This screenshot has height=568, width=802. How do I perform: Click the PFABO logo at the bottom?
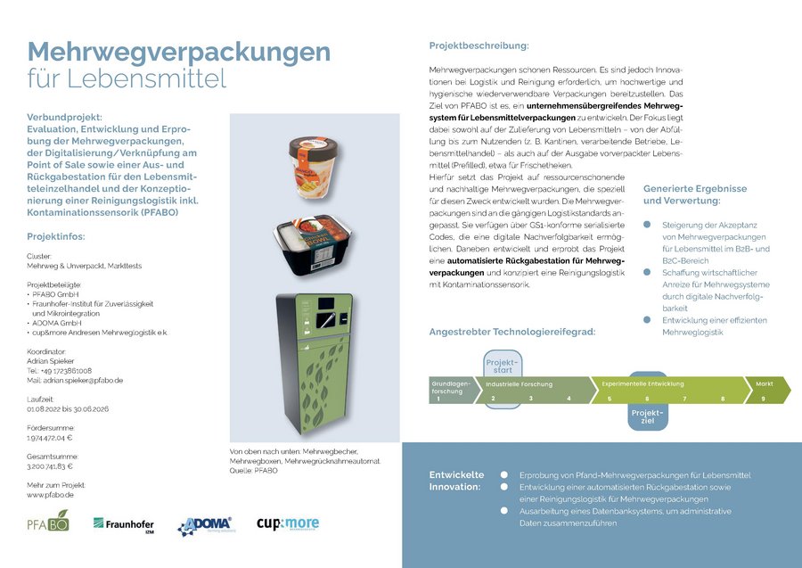click(48, 523)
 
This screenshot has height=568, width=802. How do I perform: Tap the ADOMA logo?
click(205, 526)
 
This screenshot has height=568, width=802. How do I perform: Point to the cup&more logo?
click(287, 524)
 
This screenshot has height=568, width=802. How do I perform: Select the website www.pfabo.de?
click(49, 494)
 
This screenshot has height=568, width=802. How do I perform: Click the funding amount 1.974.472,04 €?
click(50, 438)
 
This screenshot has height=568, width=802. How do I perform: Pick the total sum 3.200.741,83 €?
click(50, 466)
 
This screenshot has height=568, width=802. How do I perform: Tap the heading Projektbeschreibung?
click(479, 45)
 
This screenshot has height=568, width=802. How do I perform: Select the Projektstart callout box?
click(502, 366)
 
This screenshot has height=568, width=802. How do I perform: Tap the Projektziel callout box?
click(647, 416)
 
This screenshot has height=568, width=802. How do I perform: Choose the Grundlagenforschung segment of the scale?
click(448, 390)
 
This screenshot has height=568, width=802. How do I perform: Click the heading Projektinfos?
click(55, 236)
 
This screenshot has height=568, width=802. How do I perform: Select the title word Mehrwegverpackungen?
click(178, 52)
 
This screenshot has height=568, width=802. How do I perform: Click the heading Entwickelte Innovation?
click(456, 481)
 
